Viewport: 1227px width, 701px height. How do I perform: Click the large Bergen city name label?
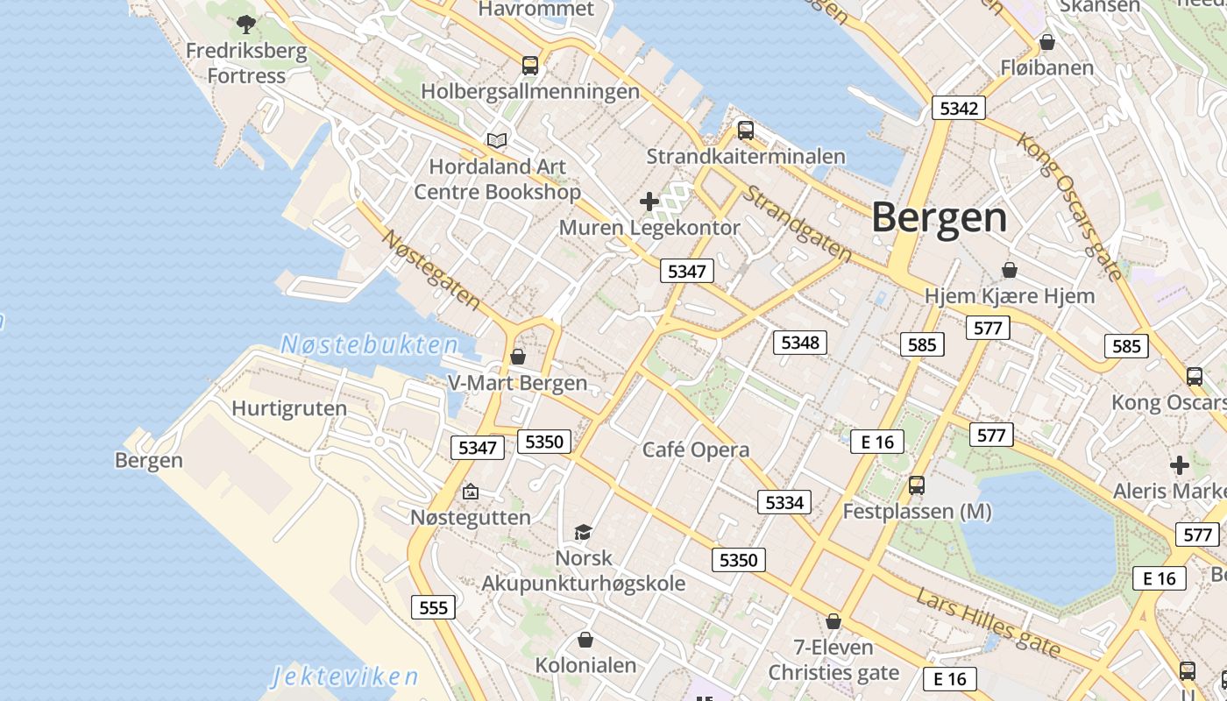940,217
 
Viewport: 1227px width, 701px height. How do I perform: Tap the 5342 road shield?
958,108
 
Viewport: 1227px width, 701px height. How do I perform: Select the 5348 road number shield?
799,342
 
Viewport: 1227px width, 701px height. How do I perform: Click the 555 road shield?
433,607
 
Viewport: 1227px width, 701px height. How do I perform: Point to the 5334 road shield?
784,502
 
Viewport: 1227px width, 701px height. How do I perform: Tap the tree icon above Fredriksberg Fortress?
246,24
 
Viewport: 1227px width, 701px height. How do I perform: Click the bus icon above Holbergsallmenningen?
530,65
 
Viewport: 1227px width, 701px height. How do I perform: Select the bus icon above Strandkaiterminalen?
745,131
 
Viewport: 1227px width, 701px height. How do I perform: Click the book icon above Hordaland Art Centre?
497,140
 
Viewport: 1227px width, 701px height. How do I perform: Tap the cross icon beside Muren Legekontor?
649,202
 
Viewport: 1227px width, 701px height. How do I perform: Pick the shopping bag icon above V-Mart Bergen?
517,357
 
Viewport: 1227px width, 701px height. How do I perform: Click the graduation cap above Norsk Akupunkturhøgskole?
583,532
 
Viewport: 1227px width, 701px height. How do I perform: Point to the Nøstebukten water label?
369,344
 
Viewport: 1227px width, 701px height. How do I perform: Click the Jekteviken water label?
344,676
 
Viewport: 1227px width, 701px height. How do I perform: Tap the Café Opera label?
696,450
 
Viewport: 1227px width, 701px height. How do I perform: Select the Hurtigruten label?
289,408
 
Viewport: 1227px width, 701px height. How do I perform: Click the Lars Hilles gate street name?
988,623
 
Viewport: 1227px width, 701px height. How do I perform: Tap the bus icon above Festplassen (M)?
916,485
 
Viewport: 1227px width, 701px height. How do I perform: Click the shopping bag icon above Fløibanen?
1046,41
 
